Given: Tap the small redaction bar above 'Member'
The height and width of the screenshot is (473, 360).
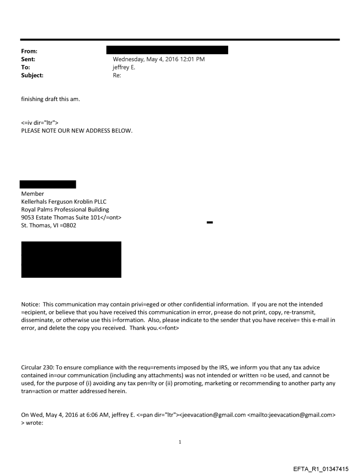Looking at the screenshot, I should click(x=49, y=184).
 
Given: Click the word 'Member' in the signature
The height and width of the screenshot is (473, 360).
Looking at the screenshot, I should click(x=33, y=194).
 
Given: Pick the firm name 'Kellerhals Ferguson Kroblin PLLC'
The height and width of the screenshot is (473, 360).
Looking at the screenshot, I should click(x=64, y=201).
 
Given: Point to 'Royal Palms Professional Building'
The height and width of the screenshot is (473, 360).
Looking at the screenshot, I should click(x=65, y=209).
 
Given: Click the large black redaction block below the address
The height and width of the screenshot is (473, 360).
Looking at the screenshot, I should click(x=71, y=259).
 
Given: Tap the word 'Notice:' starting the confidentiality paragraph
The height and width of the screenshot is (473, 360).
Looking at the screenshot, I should click(x=30, y=305).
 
